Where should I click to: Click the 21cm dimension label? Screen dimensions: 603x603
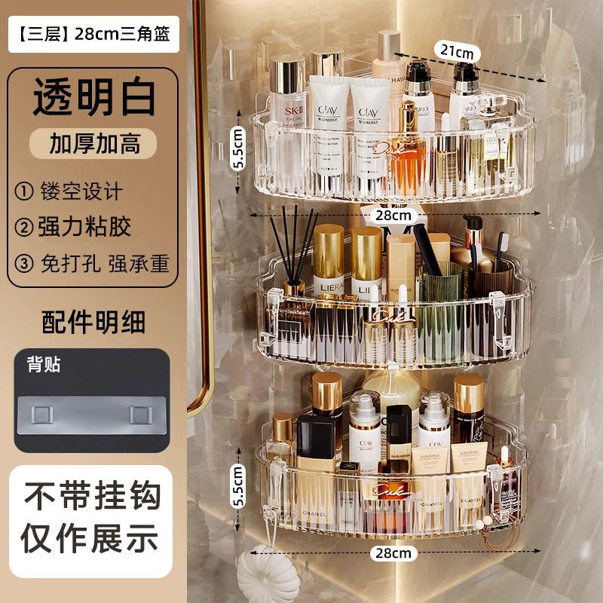(x=457, y=52)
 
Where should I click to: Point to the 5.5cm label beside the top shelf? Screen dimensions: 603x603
(x=238, y=150)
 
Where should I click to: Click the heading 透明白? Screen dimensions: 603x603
(x=94, y=98)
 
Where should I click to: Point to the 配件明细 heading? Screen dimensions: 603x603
(x=93, y=322)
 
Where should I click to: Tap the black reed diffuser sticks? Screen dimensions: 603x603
(x=290, y=241)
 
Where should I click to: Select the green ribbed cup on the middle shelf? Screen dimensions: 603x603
(x=441, y=309)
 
